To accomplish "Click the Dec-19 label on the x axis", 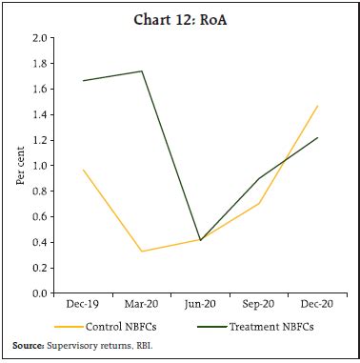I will click(x=84, y=305).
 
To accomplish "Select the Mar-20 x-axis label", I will click(x=142, y=305).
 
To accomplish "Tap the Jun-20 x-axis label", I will click(x=200, y=305).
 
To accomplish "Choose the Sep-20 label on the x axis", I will click(x=258, y=305).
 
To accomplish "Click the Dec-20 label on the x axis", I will click(x=316, y=305).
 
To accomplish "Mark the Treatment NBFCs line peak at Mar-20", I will click(x=142, y=71).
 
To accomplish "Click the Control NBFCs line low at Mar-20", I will click(x=142, y=252).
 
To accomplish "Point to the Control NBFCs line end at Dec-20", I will click(x=316, y=106).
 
